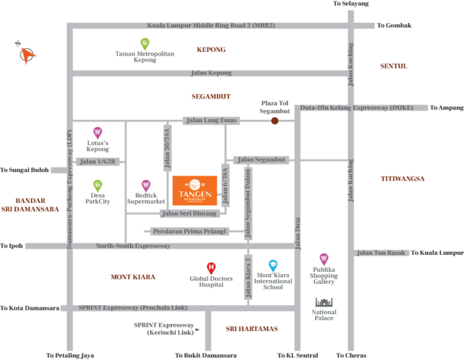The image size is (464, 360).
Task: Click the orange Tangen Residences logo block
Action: pyautogui.click(x=195, y=190)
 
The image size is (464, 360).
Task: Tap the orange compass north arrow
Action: pyautogui.click(x=27, y=54)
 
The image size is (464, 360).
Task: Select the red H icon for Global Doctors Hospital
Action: pyautogui.click(x=211, y=267)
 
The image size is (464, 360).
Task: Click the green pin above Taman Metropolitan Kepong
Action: pyautogui.click(x=145, y=43)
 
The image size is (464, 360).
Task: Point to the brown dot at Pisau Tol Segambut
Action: pyautogui.click(x=275, y=121)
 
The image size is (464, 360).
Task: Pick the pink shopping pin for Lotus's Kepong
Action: pyautogui.click(x=97, y=132)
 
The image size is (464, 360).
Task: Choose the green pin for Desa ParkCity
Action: pyautogui.click(x=98, y=185)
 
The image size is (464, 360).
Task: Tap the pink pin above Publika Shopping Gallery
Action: pyautogui.click(x=324, y=259)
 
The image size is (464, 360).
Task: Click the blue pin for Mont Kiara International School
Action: pyautogui.click(x=273, y=265)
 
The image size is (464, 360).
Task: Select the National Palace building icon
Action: pyautogui.click(x=324, y=301)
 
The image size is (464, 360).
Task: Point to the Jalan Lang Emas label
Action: pyautogui.click(x=211, y=121)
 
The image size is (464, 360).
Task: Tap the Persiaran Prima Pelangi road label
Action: pyautogui.click(x=189, y=231)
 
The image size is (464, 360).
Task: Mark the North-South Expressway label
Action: pyautogui.click(x=133, y=246)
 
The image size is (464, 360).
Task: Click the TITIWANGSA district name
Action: pyautogui.click(x=402, y=179)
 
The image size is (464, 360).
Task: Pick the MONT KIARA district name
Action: pyautogui.click(x=133, y=277)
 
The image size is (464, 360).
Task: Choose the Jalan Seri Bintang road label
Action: pyautogui.click(x=189, y=213)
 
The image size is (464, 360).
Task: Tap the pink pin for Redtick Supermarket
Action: pyautogui.click(x=146, y=185)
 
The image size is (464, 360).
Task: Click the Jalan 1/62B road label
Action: pyautogui.click(x=98, y=161)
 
